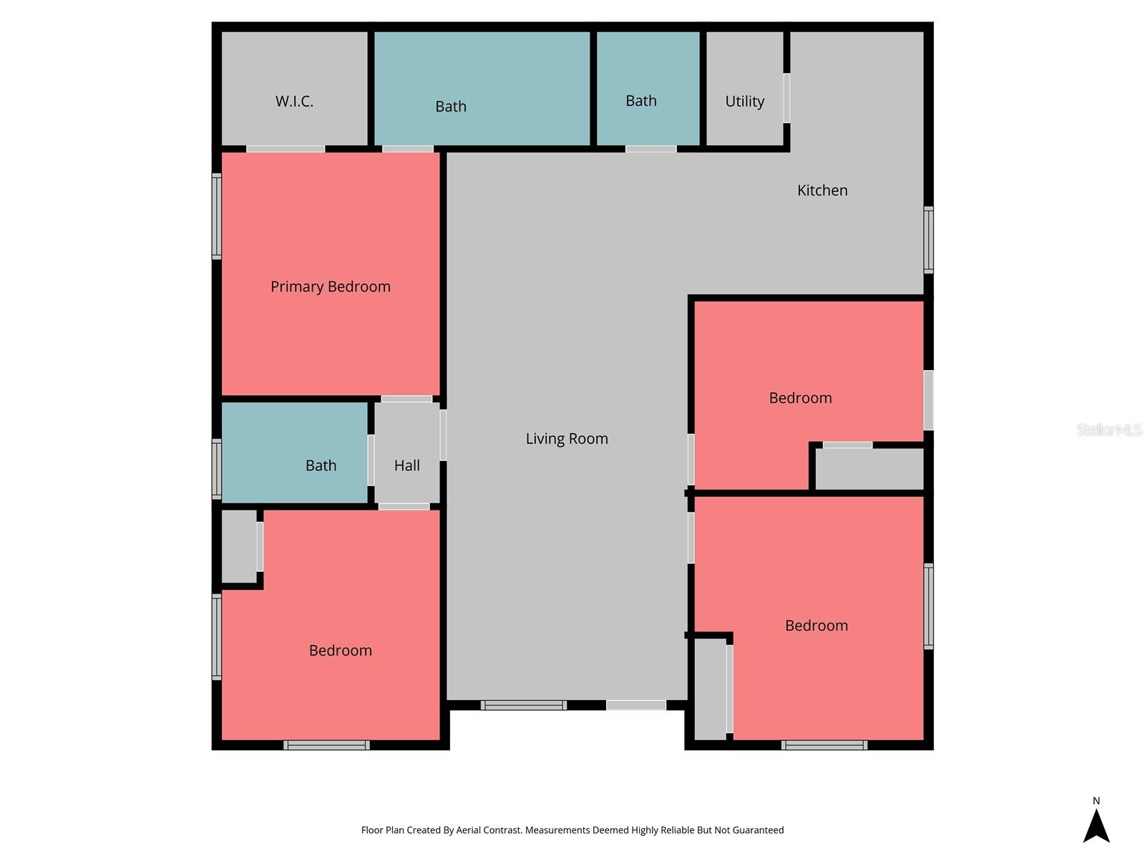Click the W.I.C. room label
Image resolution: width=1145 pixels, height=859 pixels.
pyautogui.click(x=294, y=102)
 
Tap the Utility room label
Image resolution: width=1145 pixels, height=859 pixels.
pyautogui.click(x=744, y=102)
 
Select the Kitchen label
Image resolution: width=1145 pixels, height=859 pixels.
pyautogui.click(x=822, y=190)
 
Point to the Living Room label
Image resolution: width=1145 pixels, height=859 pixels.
pyautogui.click(x=567, y=439)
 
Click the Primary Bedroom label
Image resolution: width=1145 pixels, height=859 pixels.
pyautogui.click(x=331, y=287)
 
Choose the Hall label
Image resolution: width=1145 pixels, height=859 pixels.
pyautogui.click(x=407, y=466)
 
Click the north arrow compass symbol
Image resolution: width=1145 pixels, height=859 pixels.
pyautogui.click(x=1096, y=824)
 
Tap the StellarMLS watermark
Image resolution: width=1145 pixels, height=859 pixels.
pyautogui.click(x=1109, y=429)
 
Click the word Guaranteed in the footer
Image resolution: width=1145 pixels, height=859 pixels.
pyautogui.click(x=757, y=830)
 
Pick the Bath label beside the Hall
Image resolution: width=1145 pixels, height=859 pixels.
pyautogui.click(x=321, y=466)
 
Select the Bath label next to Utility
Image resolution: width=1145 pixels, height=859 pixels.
pyautogui.click(x=641, y=101)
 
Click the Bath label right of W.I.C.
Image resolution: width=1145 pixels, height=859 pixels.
pyautogui.click(x=451, y=107)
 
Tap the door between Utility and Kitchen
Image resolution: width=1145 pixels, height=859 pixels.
pyautogui.click(x=786, y=98)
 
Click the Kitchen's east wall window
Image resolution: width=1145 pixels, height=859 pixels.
pyautogui.click(x=928, y=240)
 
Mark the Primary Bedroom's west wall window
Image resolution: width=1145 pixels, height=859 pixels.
pyautogui.click(x=217, y=215)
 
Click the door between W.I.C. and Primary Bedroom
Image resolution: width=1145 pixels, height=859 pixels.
pyautogui.click(x=286, y=149)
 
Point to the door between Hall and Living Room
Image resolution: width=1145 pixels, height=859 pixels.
pyautogui.click(x=443, y=435)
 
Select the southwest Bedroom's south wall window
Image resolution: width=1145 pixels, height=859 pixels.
pyautogui.click(x=326, y=745)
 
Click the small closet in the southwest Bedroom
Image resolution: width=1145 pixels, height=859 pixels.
pyautogui.click(x=238, y=545)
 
